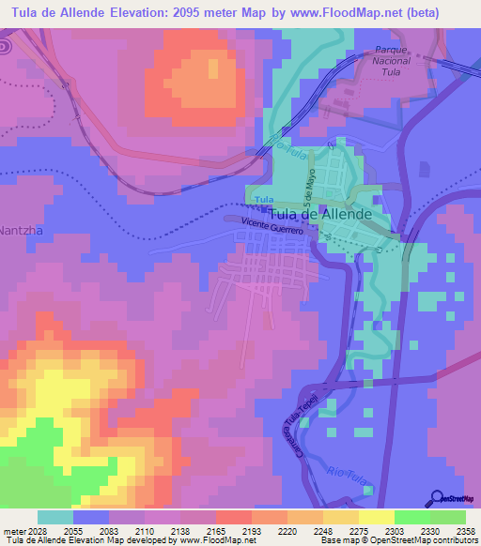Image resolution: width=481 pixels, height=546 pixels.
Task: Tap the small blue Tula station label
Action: click(264, 200)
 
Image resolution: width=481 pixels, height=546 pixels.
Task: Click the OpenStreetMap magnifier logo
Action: click(437, 499)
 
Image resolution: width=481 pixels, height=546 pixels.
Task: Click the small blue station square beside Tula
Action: click(251, 200)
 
